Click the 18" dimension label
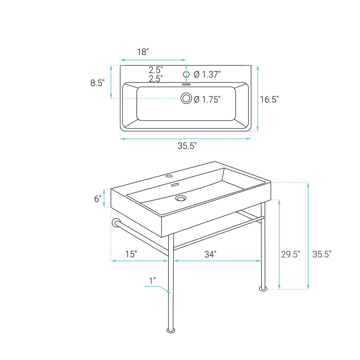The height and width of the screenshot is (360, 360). tap(143, 52)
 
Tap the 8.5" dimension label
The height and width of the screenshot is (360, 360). tap(97, 83)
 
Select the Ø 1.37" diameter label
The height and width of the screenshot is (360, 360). tap(207, 75)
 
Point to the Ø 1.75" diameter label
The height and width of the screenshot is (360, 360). tap(207, 99)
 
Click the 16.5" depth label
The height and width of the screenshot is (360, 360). tap(269, 99)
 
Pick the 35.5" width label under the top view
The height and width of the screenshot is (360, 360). tap(187, 146)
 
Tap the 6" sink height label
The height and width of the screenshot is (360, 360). tap(98, 199)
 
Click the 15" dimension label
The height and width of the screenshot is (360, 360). tap(131, 254)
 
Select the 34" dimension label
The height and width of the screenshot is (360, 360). tap(210, 254)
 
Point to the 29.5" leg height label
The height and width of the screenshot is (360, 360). tap(291, 254)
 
